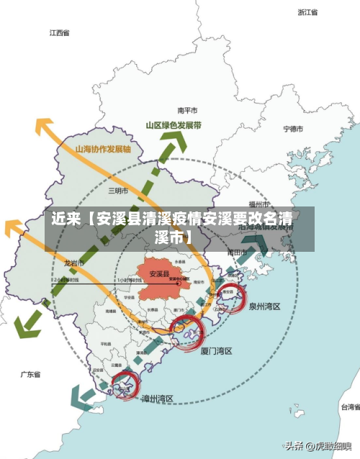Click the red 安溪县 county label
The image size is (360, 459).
click(x=159, y=273)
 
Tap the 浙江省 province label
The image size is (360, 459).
click(x=308, y=12)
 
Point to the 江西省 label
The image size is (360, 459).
click(x=60, y=33)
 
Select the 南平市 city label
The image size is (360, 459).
click(x=188, y=111)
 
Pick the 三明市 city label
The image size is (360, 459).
click(x=117, y=191)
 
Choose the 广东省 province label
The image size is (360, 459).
click(x=30, y=375)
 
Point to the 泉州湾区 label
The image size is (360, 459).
click(x=265, y=306)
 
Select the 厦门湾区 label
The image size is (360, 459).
click(x=216, y=351)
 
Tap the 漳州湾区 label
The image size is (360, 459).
click(x=158, y=399)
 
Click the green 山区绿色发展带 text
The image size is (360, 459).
click(x=174, y=124)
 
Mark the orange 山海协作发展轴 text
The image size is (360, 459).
click(x=103, y=150)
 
